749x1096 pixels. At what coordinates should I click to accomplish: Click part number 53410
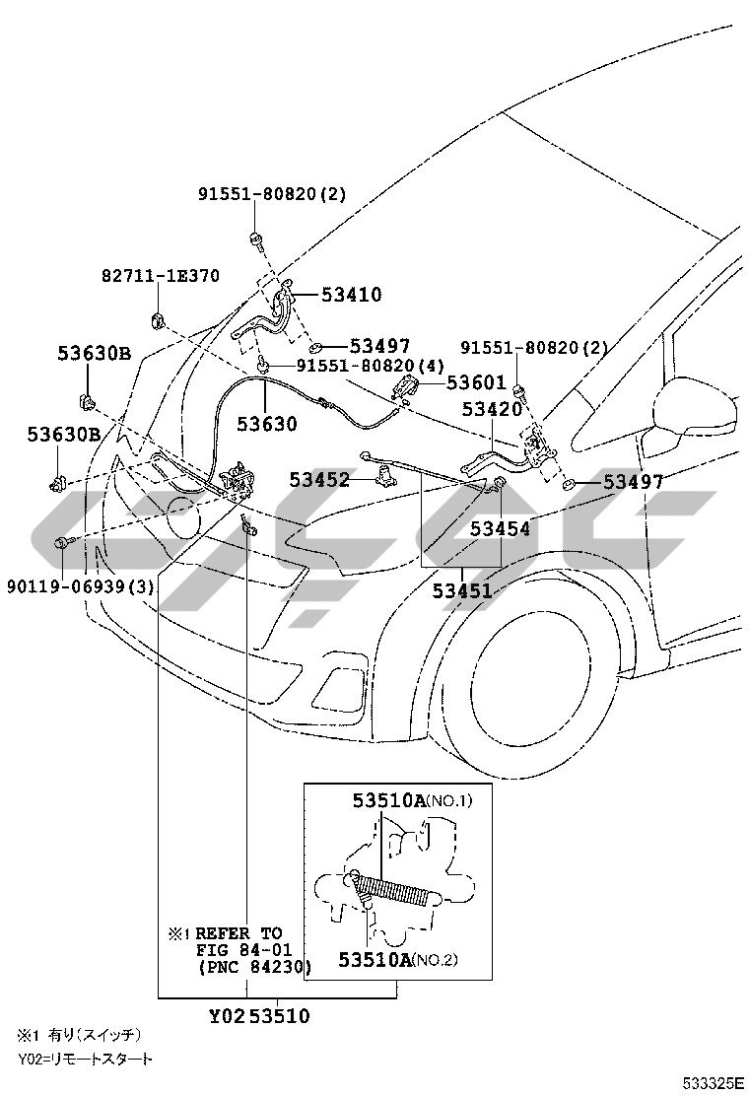pyautogui.click(x=352, y=295)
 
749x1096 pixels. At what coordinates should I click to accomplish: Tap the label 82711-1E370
pyautogui.click(x=161, y=275)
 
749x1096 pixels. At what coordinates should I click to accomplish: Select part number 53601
pyautogui.click(x=476, y=381)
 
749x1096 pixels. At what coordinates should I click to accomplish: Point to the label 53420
pyautogui.click(x=492, y=409)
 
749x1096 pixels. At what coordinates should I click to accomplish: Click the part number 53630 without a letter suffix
pyautogui.click(x=266, y=424)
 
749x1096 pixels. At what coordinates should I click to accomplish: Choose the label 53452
pyautogui.click(x=319, y=479)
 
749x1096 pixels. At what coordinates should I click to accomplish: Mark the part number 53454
pyautogui.click(x=500, y=528)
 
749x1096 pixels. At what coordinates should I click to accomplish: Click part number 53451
pyautogui.click(x=462, y=590)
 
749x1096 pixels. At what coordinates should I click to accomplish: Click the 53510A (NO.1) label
pyautogui.click(x=412, y=800)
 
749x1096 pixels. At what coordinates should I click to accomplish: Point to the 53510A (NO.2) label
pyautogui.click(x=397, y=960)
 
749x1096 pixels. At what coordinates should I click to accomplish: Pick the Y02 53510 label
pyautogui.click(x=259, y=1015)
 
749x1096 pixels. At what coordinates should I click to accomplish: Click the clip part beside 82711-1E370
pyautogui.click(x=158, y=321)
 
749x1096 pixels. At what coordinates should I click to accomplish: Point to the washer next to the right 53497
pyautogui.click(x=568, y=483)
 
